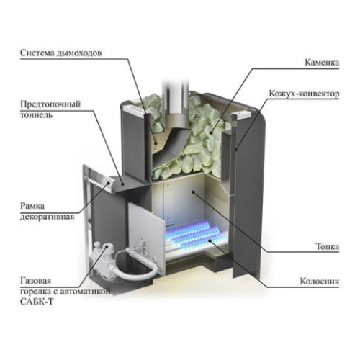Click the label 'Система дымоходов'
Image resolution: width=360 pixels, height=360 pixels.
(x=61, y=53)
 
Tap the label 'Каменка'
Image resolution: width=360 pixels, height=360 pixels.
(x=322, y=63)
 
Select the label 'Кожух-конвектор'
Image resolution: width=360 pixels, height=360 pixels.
(x=304, y=94)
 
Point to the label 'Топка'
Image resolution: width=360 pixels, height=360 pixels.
(x=327, y=246)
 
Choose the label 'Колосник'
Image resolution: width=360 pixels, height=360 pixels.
(x=320, y=281)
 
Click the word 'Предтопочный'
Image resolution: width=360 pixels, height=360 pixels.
(x=50, y=104)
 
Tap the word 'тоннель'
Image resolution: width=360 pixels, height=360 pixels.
(x=36, y=114)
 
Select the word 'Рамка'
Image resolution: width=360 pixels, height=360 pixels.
(x=32, y=206)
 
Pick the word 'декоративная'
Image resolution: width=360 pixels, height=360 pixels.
(x=47, y=217)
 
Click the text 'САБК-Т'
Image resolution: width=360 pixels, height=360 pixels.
(x=37, y=302)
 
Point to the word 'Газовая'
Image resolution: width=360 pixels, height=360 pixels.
(x=36, y=281)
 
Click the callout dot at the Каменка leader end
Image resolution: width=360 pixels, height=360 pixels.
(x=211, y=132)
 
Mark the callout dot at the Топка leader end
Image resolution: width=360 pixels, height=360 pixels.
(x=193, y=192)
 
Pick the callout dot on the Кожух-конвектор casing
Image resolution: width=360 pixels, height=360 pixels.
(x=235, y=150)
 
